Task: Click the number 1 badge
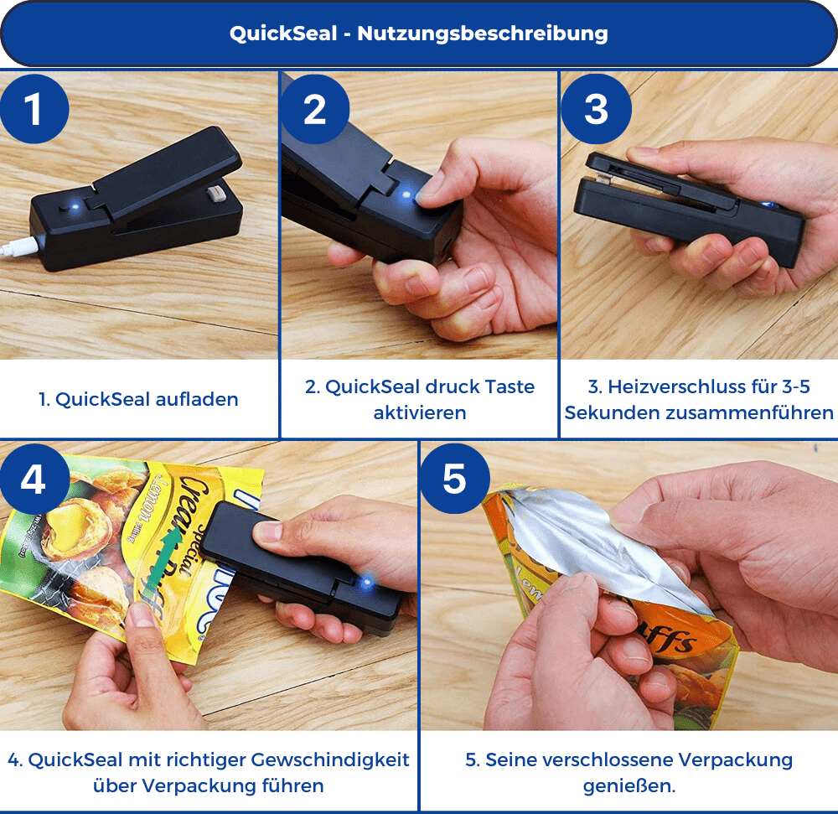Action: click(34, 110)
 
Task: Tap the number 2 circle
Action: click(314, 110)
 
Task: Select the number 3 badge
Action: click(596, 110)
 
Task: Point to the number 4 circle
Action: click(34, 480)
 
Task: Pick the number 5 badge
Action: click(454, 480)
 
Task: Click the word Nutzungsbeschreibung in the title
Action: click(483, 34)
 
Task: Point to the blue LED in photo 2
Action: click(407, 194)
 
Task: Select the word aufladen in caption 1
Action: click(197, 400)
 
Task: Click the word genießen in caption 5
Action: click(629, 785)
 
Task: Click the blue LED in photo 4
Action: click(366, 579)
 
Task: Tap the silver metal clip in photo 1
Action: click(215, 194)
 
